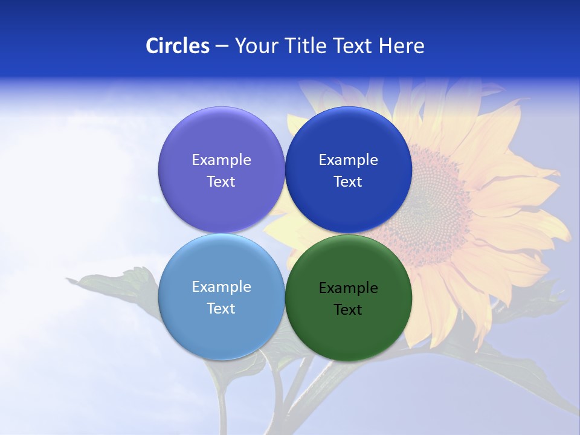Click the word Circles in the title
coord(177,46)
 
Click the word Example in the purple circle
coord(221,159)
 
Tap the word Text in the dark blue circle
coord(348,182)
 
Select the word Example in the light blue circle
coord(221,286)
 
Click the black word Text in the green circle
coord(348,310)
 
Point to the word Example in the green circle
coord(348,288)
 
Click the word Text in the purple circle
coord(221,182)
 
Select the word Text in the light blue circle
coord(221,309)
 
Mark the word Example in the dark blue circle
coord(348,159)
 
